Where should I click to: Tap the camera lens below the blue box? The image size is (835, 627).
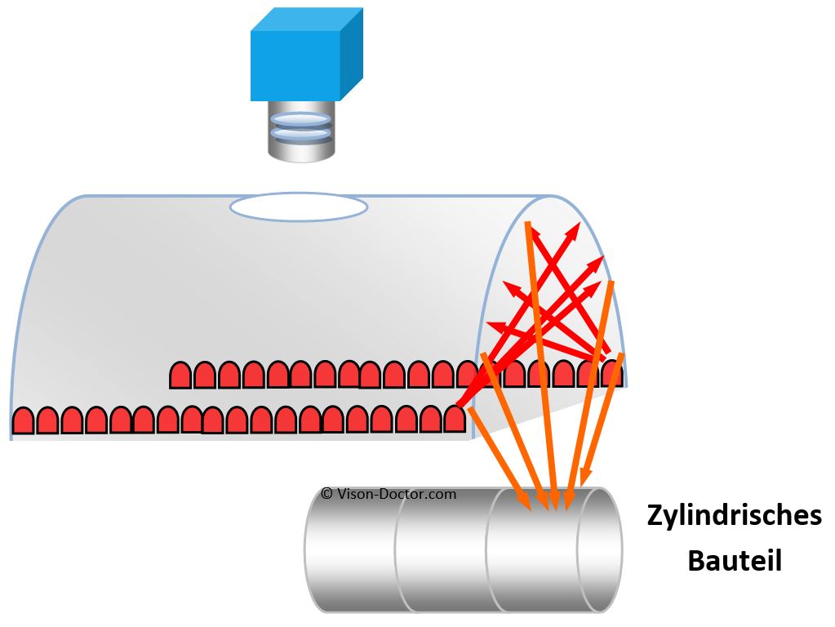[x=301, y=131]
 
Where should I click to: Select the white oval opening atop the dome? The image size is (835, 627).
[x=298, y=207]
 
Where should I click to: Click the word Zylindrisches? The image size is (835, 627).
[x=734, y=517]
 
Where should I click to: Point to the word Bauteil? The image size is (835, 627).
[x=734, y=561]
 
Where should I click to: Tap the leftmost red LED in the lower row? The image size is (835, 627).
[x=24, y=420]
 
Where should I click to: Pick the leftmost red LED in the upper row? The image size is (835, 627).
[x=180, y=375]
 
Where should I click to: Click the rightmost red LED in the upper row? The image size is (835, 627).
[x=612, y=373]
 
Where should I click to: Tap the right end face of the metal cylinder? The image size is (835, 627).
[x=600, y=549]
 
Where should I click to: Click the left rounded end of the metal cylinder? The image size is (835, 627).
[x=315, y=549]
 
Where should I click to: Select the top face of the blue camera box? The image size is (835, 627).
[x=306, y=20]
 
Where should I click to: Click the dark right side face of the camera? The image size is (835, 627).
[x=351, y=57]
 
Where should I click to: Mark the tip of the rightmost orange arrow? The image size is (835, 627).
[x=582, y=483]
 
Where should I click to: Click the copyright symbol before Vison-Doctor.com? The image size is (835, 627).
[x=326, y=494]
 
